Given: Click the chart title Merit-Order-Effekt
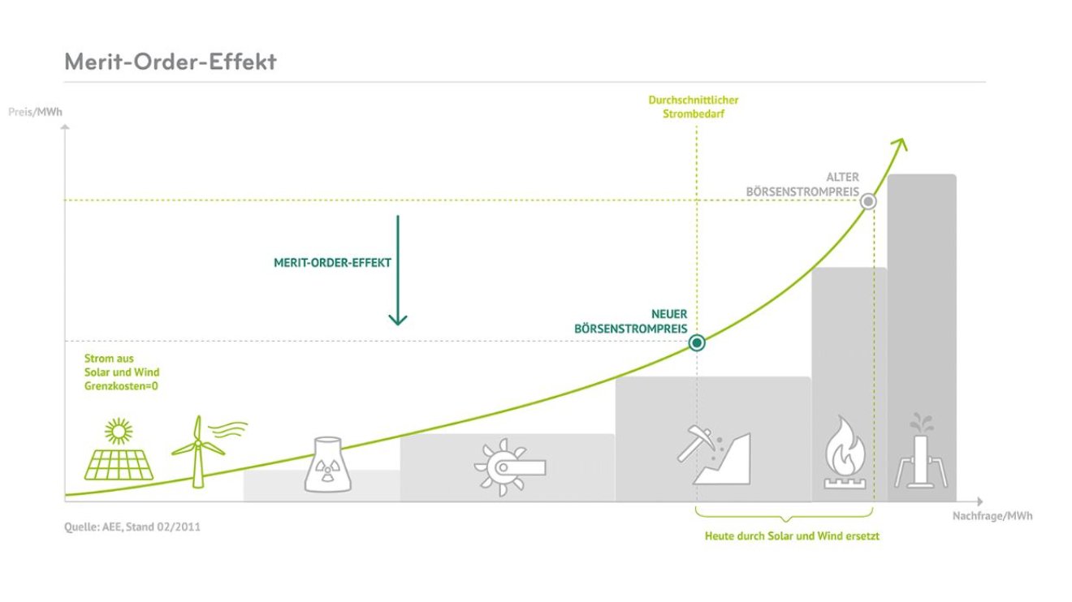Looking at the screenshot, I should [x=171, y=62].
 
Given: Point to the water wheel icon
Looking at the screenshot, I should [x=508, y=467].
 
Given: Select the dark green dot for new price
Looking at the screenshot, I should [x=697, y=343].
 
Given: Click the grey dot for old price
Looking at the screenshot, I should [x=868, y=201].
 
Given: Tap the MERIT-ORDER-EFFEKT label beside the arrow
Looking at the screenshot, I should [x=333, y=263].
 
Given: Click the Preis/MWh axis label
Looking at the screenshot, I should [x=35, y=112].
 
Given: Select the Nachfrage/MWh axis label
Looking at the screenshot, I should [x=992, y=516].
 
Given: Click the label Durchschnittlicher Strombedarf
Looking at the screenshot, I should [x=693, y=107].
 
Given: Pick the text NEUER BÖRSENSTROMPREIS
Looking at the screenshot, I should [x=630, y=321].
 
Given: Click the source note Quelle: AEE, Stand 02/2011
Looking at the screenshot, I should [x=132, y=527].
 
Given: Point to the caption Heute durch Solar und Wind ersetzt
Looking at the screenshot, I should [x=792, y=536].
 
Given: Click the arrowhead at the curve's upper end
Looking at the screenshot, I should [x=900, y=144].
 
